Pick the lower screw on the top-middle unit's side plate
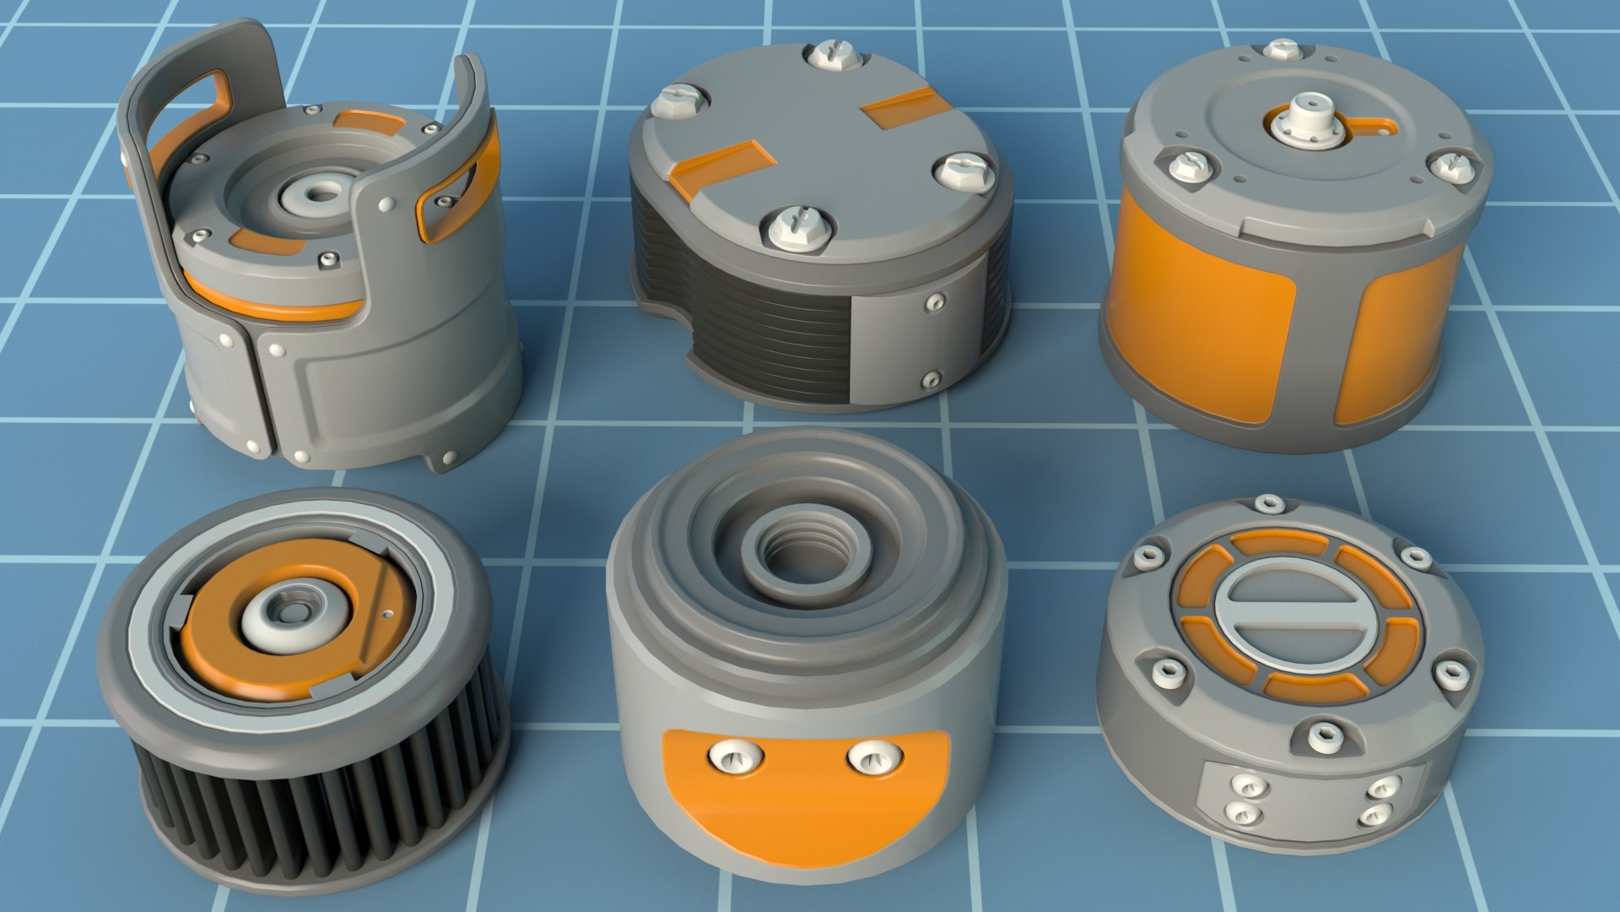point(931,378)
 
